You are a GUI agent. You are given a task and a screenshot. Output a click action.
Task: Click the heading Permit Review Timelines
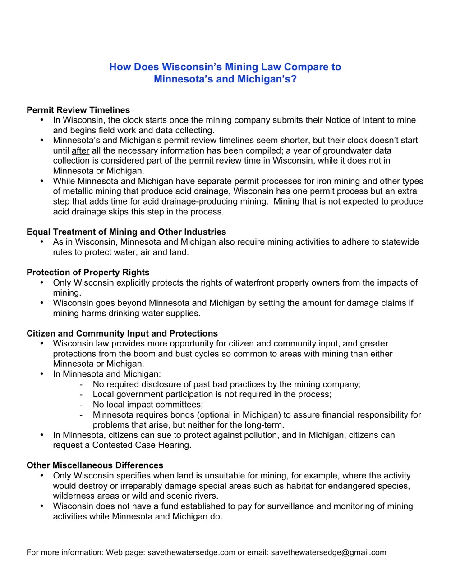click(x=78, y=110)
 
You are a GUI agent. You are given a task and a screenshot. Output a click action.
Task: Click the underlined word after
click(x=80, y=150)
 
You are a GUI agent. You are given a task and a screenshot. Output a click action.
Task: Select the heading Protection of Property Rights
click(x=88, y=272)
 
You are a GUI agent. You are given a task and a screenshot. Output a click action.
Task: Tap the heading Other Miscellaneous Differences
click(x=95, y=465)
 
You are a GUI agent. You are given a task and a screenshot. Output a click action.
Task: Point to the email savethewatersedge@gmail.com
click(x=328, y=552)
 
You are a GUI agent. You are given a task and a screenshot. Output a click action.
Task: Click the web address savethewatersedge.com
click(x=191, y=552)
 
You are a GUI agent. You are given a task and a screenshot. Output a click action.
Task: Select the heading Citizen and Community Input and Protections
click(x=122, y=333)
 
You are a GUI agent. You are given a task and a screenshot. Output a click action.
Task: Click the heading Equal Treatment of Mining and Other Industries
click(x=126, y=232)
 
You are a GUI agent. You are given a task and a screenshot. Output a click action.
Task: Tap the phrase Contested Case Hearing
click(x=142, y=445)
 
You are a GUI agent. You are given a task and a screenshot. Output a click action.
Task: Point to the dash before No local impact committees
click(x=81, y=405)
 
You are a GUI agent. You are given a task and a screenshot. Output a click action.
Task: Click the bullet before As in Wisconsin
click(x=42, y=242)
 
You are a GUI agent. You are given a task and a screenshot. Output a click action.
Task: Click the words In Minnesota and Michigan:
click(x=107, y=374)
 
